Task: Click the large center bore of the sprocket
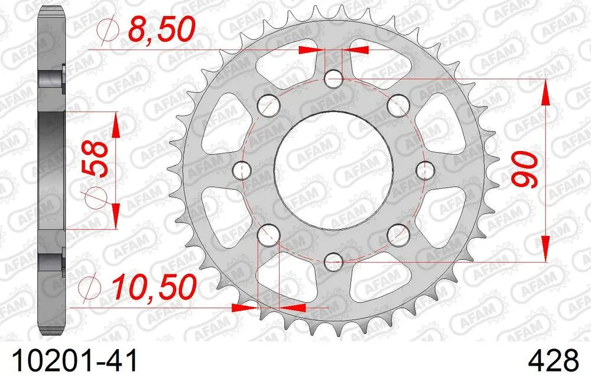coord(333,169)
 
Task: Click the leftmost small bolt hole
coord(242,170)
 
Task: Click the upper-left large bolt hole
coord(268,105)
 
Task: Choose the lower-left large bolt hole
coord(268,234)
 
